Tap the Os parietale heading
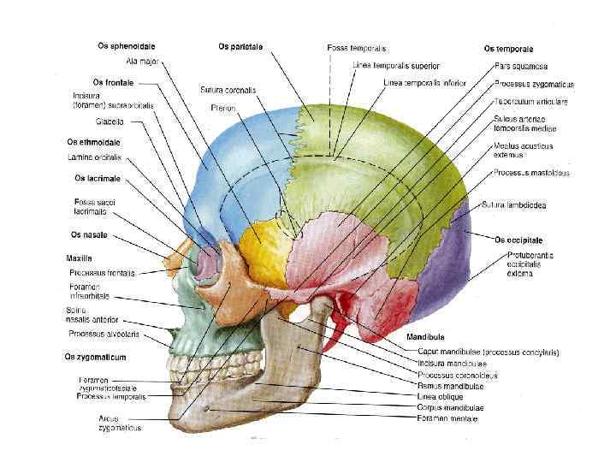click(x=240, y=45)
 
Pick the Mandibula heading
click(x=424, y=337)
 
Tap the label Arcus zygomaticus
click(x=120, y=423)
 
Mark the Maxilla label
click(x=79, y=258)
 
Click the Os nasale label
click(x=88, y=234)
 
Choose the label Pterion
click(x=223, y=108)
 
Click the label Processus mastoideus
click(x=531, y=173)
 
